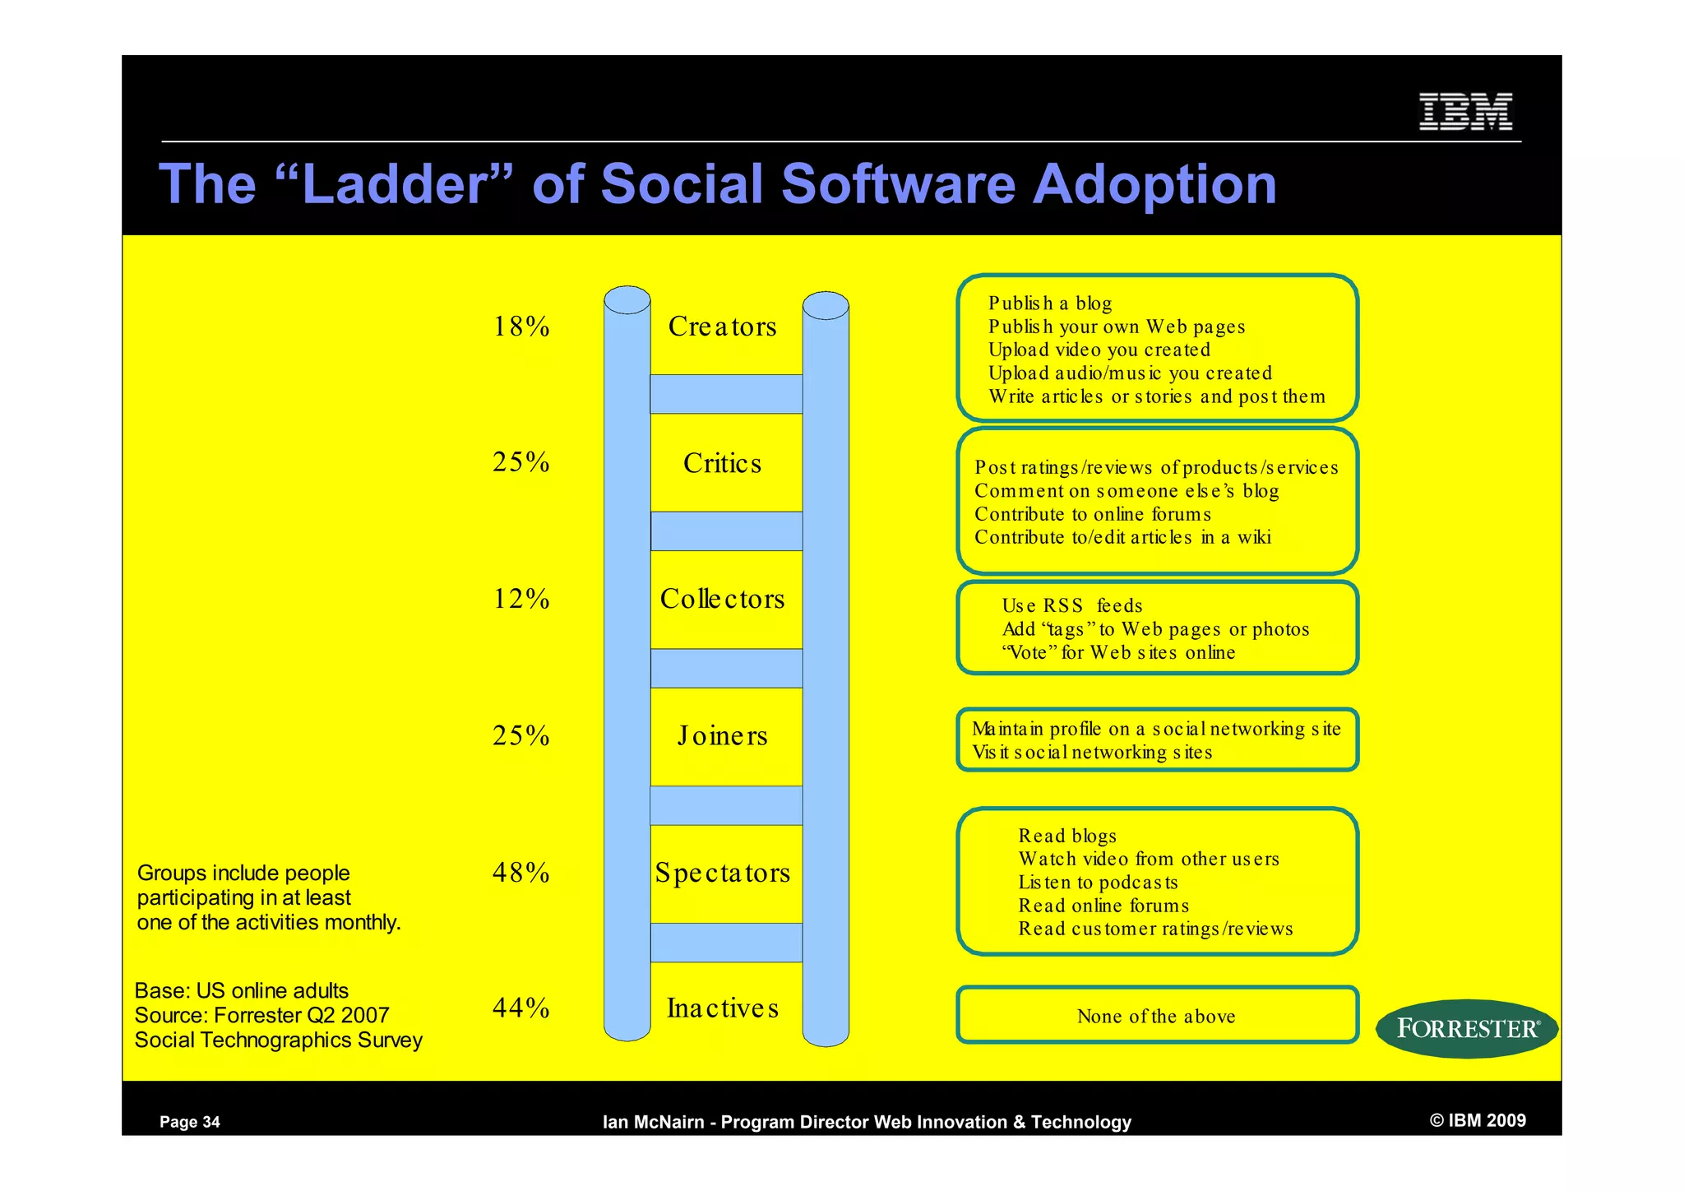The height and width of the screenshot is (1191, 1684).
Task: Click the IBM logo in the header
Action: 1465,112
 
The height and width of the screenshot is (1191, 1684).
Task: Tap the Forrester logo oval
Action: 1467,1028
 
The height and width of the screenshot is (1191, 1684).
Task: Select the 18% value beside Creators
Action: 521,327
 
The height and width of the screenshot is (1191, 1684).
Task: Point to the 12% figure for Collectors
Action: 521,599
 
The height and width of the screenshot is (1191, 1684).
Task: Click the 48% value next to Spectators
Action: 521,872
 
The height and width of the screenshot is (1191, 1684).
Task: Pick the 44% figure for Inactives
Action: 521,1008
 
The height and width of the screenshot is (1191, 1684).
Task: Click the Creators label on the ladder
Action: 722,327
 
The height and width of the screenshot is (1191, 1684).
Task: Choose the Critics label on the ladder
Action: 722,463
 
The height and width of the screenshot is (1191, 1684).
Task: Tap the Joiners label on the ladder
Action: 722,735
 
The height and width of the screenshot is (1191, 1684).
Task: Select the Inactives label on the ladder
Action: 722,1008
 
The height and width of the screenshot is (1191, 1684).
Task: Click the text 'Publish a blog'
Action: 1050,304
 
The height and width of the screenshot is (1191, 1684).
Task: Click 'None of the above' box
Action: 1156,1016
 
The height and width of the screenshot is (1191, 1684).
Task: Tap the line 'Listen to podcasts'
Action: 1098,883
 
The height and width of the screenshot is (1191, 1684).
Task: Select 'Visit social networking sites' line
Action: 1092,753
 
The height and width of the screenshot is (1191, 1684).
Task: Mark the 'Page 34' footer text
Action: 190,1122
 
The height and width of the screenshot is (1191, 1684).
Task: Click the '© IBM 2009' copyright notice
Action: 1478,1120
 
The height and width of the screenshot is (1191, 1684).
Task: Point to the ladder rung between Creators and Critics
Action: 726,394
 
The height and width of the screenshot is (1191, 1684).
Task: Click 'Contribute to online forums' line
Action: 1093,514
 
